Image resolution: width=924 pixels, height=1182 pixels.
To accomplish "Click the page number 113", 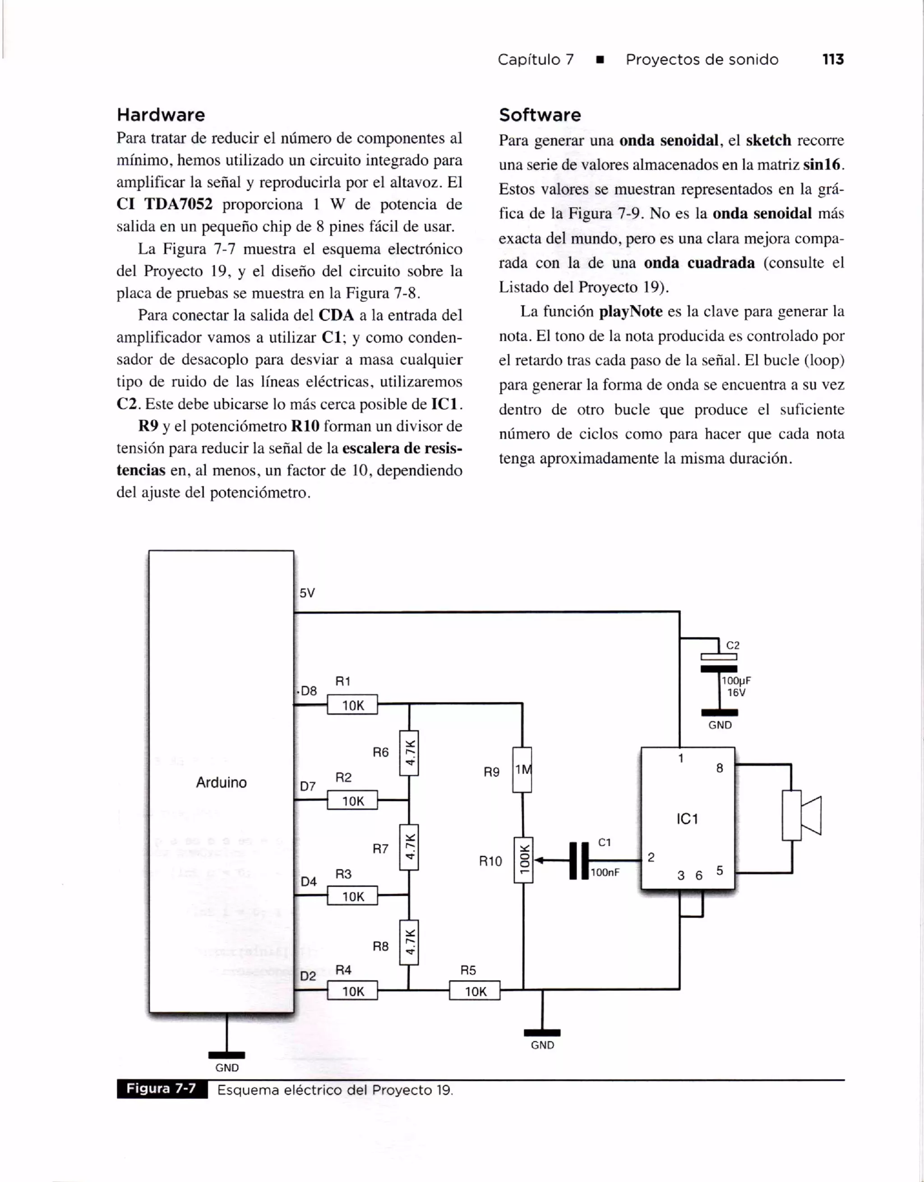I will [x=832, y=60].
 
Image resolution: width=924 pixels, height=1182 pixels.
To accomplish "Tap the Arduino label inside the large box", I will [x=221, y=782].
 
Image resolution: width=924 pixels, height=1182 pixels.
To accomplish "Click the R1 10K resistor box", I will [x=352, y=705].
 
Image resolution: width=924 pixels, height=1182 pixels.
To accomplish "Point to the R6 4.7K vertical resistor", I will [x=409, y=752].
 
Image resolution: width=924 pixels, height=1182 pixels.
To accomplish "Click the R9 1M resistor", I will [x=522, y=770].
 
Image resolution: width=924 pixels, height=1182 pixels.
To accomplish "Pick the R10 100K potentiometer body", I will [x=523, y=860].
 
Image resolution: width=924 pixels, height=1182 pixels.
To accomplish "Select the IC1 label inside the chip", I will [x=687, y=819].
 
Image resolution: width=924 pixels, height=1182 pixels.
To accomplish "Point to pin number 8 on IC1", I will [x=719, y=768].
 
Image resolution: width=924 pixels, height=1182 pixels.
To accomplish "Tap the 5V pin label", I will [x=307, y=593].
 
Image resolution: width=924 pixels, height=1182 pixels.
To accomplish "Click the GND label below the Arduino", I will [x=226, y=1068].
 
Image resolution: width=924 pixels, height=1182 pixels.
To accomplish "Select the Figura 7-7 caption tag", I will [x=162, y=1088].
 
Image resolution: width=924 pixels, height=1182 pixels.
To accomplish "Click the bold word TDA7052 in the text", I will [x=178, y=205].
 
